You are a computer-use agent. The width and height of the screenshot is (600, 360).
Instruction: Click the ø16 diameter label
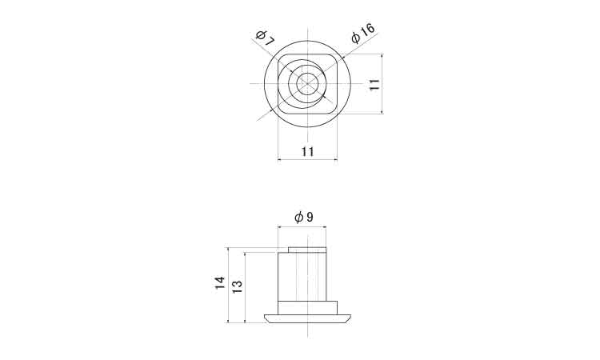363,34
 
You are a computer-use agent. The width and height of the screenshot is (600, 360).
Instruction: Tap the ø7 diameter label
265,38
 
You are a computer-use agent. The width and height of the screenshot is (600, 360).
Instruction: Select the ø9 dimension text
304,218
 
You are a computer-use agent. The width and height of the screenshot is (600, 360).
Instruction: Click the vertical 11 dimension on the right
374,84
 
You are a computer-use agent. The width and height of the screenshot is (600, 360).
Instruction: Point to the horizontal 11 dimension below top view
308,152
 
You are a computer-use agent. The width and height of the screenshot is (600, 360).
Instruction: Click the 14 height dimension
220,282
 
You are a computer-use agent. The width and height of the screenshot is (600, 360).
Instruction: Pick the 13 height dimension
238,286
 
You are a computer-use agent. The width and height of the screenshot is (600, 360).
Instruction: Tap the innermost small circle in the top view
307,84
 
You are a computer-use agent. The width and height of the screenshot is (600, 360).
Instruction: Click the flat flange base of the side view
307,318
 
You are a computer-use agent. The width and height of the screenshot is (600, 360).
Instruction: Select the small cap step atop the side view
307,250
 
